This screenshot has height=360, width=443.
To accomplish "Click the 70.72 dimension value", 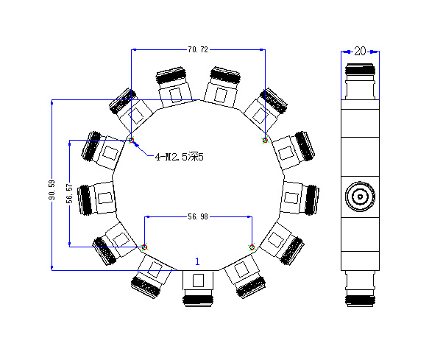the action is click(x=198, y=50).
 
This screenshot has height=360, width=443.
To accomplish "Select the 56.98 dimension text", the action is click(x=198, y=216).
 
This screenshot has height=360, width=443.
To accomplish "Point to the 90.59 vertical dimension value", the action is click(x=52, y=190).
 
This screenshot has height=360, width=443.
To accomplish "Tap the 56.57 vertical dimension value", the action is click(x=69, y=194).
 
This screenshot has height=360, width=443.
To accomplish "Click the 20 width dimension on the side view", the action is click(x=360, y=51).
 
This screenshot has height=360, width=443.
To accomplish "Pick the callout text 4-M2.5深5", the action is click(x=179, y=157).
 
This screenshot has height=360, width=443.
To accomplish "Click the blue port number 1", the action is click(x=197, y=261).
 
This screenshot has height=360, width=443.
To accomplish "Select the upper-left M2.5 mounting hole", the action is click(x=132, y=140).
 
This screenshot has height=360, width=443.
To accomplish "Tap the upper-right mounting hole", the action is click(x=265, y=140).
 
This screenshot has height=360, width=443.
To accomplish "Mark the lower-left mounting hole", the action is click(x=144, y=247).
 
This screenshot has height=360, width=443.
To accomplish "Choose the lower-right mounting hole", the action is click(x=252, y=247).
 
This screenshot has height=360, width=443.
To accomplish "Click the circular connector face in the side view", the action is click(x=360, y=197).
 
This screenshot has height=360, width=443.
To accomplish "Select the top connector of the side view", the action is click(x=361, y=82).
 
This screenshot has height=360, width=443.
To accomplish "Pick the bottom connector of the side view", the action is click(x=361, y=289).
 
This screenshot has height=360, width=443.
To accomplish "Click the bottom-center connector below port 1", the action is click(x=198, y=289).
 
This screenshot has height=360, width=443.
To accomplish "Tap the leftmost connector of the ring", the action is click(x=96, y=200).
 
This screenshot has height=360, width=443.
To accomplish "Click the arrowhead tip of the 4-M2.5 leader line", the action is click(x=134, y=143).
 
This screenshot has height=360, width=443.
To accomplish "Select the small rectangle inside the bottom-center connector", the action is click(x=198, y=280).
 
